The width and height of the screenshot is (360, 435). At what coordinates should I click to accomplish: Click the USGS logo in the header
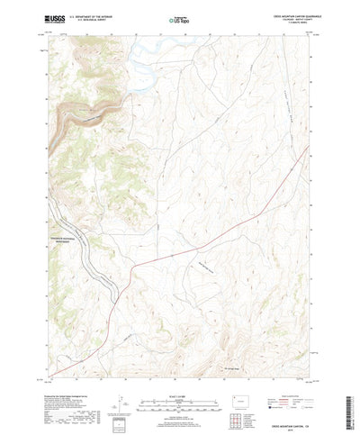point(57,18)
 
